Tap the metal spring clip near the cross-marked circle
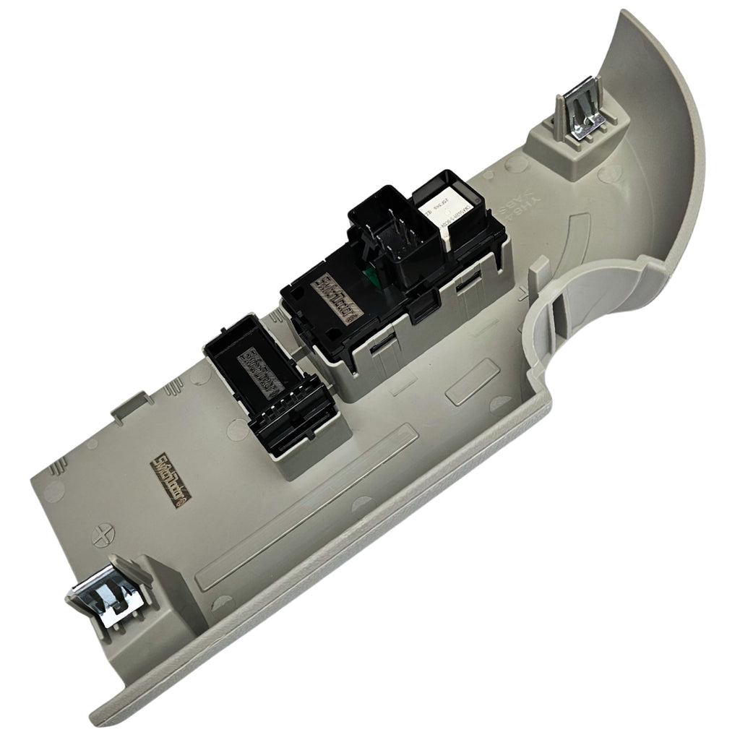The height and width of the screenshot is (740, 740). (108, 594)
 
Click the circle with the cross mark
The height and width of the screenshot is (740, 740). (104, 537)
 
